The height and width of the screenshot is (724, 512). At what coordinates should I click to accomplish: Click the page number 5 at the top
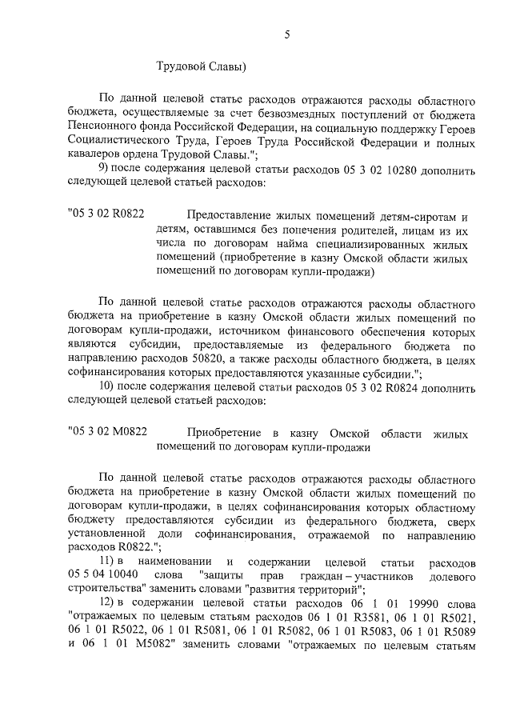[287, 34]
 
